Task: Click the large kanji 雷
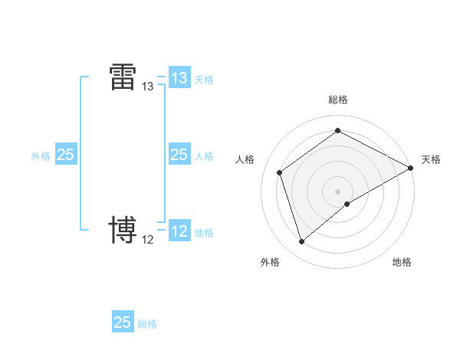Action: [x=123, y=77]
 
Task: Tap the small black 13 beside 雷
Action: [x=148, y=87]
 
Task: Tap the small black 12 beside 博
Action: [x=148, y=240]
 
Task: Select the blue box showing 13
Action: [x=179, y=78]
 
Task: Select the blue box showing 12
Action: [x=179, y=231]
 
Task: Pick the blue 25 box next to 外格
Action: [x=65, y=155]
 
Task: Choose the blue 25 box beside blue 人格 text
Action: [x=179, y=155]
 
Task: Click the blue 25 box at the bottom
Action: [x=123, y=322]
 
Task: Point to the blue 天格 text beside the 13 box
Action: [x=204, y=79]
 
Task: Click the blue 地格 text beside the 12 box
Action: [x=204, y=232]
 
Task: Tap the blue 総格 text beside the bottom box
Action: [x=147, y=323]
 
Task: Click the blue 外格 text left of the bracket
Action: [x=41, y=155]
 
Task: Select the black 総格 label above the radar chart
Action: [x=338, y=100]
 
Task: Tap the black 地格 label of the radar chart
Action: [x=402, y=262]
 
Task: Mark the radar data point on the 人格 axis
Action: [x=280, y=172]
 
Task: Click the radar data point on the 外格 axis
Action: [x=301, y=242]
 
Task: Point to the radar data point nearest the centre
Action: [x=347, y=204]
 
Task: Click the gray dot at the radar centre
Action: [x=338, y=191]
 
